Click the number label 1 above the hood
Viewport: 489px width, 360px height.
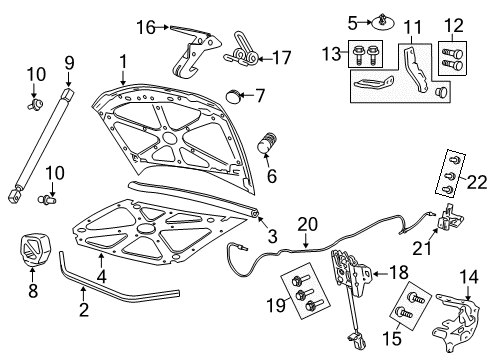click(x=122, y=61)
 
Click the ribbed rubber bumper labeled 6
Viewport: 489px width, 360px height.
click(x=266, y=143)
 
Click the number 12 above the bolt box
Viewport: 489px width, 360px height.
click(x=452, y=24)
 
